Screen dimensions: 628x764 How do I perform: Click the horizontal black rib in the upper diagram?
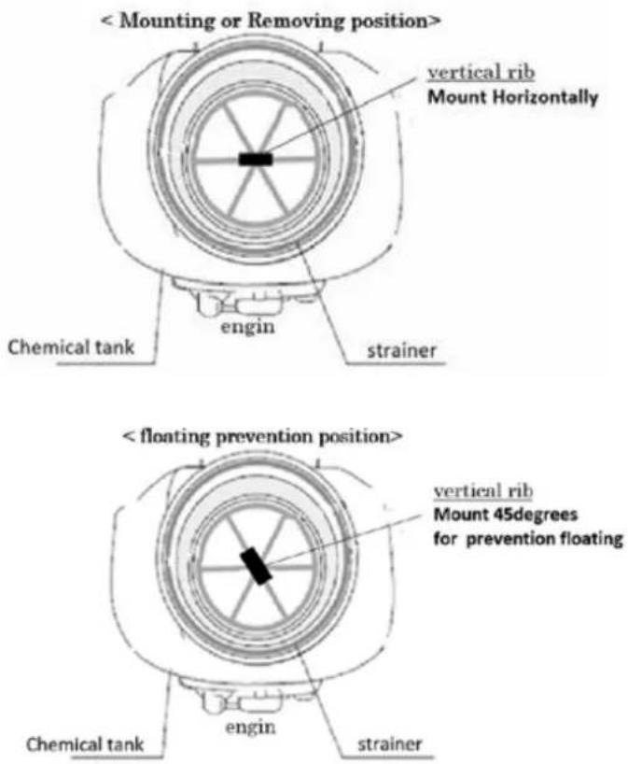(x=256, y=159)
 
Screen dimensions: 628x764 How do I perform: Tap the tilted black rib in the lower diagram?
(x=256, y=566)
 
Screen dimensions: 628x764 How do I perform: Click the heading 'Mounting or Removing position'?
(x=271, y=21)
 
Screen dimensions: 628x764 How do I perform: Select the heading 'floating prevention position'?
(x=262, y=436)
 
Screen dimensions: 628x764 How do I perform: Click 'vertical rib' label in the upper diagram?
(x=481, y=73)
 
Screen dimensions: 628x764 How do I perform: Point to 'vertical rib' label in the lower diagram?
(x=483, y=490)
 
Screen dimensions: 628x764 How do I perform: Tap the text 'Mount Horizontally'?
(x=512, y=97)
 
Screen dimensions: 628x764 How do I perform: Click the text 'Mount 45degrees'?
(x=506, y=515)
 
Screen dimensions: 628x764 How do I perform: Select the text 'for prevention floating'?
(x=528, y=539)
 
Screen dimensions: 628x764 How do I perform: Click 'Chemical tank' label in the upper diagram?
(x=71, y=347)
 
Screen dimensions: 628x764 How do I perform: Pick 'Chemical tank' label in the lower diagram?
(x=85, y=744)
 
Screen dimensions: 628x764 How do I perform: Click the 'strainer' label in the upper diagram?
(x=401, y=350)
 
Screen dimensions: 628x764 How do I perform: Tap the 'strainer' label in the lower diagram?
(x=390, y=744)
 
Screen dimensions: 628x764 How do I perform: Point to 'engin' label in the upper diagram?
(x=248, y=328)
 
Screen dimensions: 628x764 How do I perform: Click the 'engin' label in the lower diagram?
(x=250, y=728)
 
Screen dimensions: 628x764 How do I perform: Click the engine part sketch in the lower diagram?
(x=249, y=698)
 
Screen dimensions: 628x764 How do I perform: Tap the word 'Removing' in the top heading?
(x=296, y=21)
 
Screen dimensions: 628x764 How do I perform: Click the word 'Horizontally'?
(x=546, y=97)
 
